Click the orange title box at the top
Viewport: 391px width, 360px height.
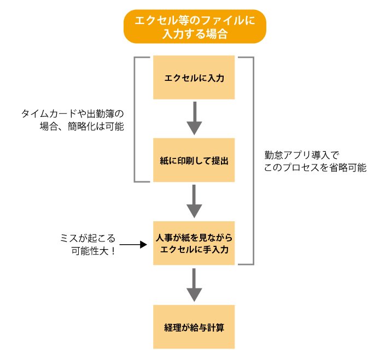[x=194, y=26]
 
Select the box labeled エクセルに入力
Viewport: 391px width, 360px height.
[x=194, y=78]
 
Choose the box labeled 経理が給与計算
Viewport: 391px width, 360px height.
[x=194, y=328]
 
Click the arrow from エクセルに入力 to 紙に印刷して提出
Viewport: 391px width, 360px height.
[x=194, y=119]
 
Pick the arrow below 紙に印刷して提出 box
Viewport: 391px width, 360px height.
[x=194, y=202]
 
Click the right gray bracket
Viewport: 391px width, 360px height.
[x=253, y=161]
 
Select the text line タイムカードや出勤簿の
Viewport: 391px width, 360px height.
[x=73, y=114]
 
